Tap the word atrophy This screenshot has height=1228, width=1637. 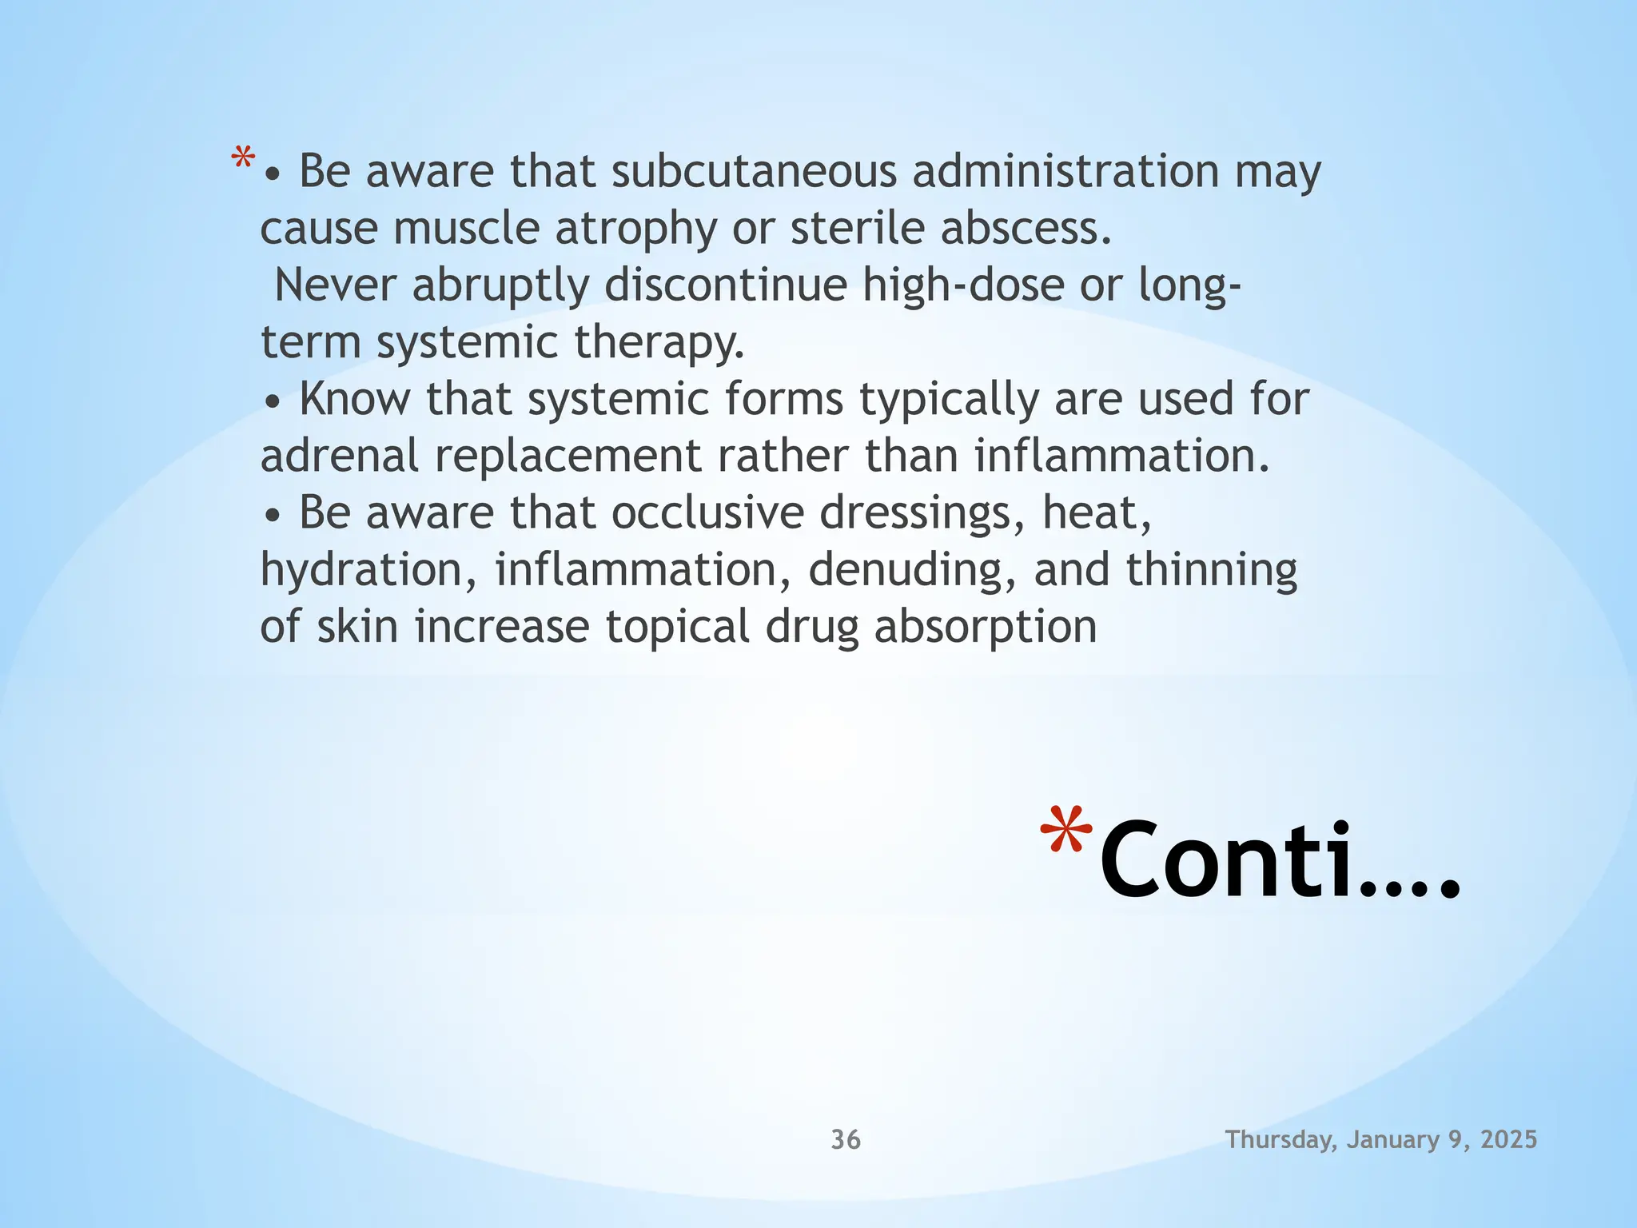tap(636, 229)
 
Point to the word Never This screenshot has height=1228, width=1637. tap(336, 285)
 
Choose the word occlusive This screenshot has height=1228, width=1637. tap(707, 512)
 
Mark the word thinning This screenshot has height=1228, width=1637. tap(1212, 570)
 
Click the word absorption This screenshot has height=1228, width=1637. tap(985, 628)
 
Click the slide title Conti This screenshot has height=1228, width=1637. tap(1279, 861)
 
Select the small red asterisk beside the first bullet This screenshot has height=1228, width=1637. tap(243, 158)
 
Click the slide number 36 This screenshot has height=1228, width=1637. tap(846, 1139)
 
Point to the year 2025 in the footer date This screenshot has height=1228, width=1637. tap(1508, 1139)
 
